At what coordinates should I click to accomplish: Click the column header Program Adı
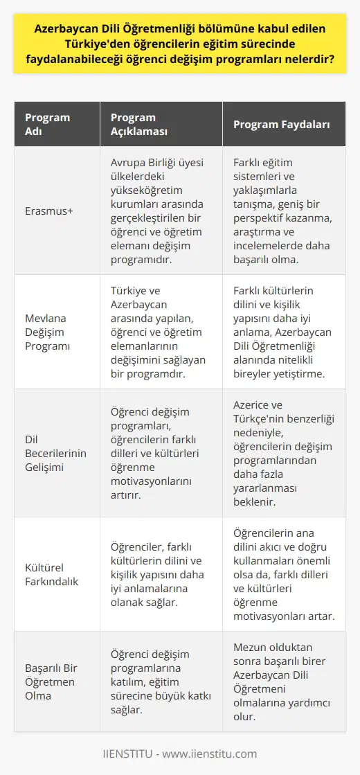click(47, 125)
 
